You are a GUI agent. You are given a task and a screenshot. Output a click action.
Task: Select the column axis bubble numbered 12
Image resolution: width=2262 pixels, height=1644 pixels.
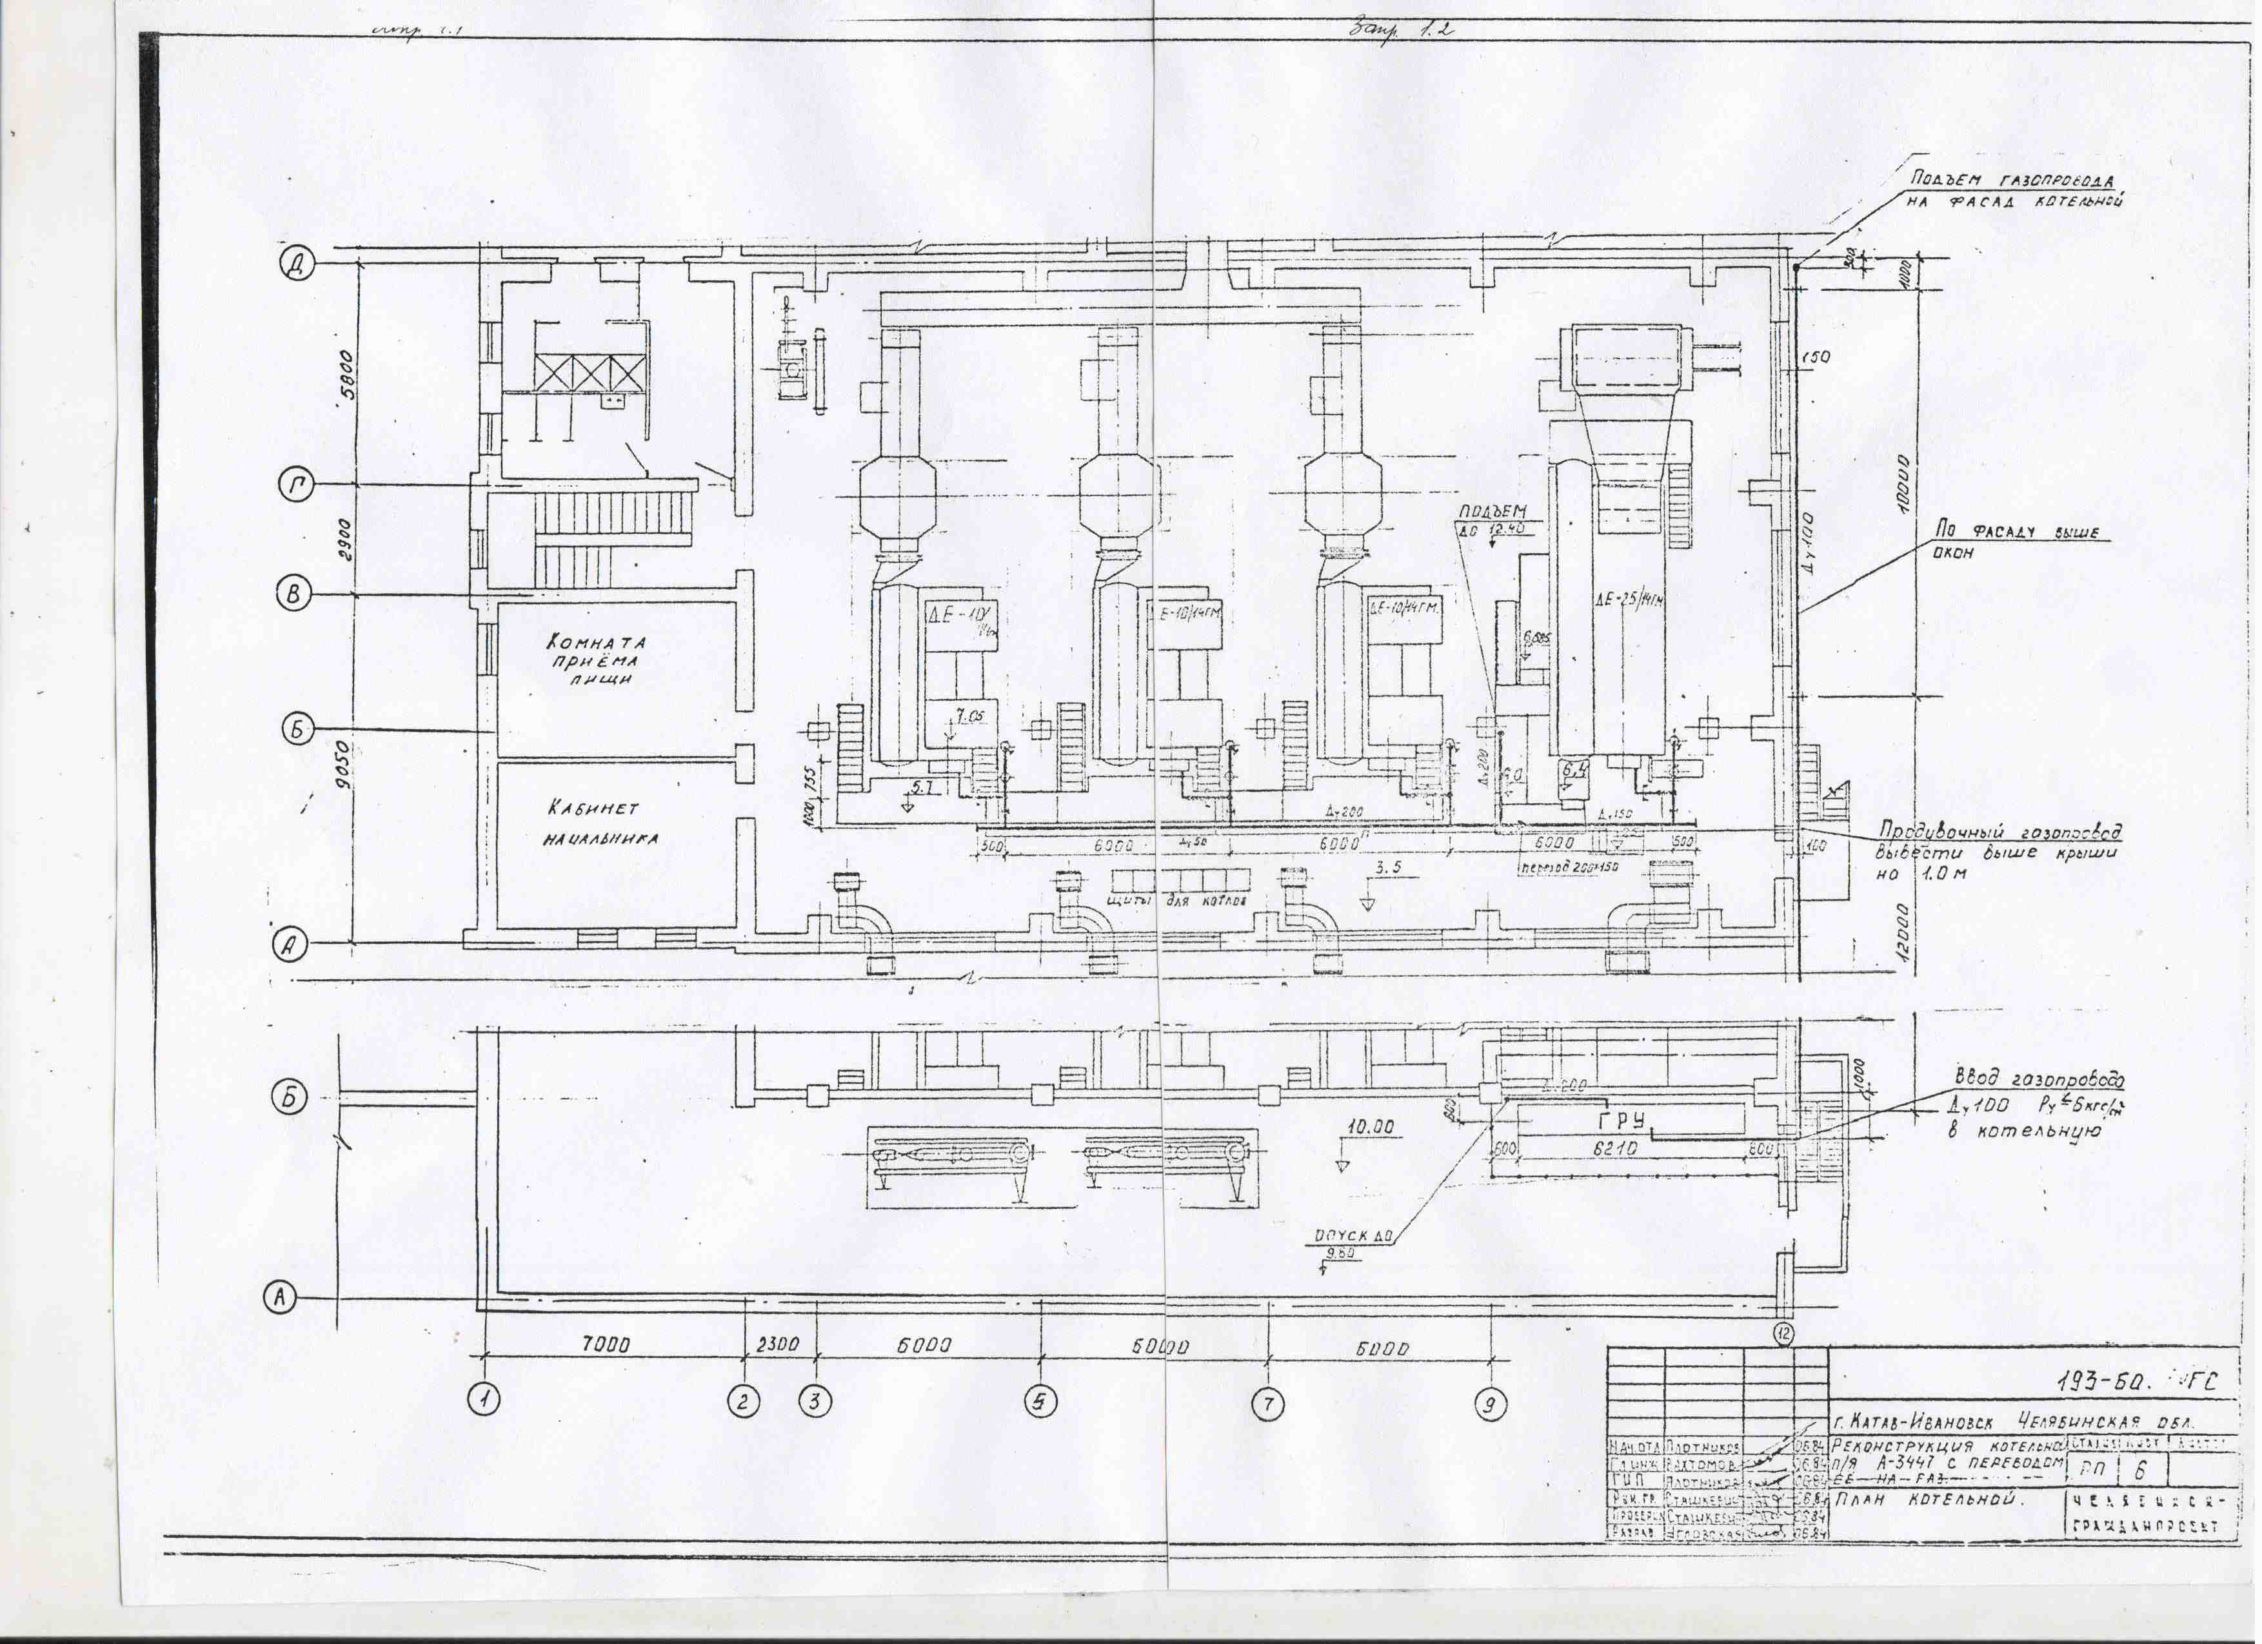tap(1784, 1333)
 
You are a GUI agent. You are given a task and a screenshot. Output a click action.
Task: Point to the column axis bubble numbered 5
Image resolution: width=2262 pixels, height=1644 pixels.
tap(1040, 1401)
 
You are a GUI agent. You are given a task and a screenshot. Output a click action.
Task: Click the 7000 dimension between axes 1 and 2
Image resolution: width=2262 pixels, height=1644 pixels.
tap(606, 1345)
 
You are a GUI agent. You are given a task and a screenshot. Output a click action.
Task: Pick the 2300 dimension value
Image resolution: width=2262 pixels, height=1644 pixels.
tap(778, 1344)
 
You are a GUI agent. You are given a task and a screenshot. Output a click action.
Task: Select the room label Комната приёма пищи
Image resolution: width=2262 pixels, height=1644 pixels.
tap(597, 660)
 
